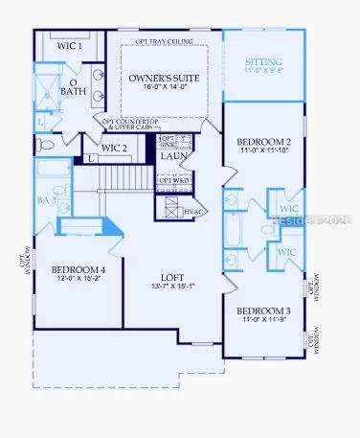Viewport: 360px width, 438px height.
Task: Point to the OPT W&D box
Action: click(170, 180)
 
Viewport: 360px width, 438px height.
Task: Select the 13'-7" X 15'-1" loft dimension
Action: click(172, 285)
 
